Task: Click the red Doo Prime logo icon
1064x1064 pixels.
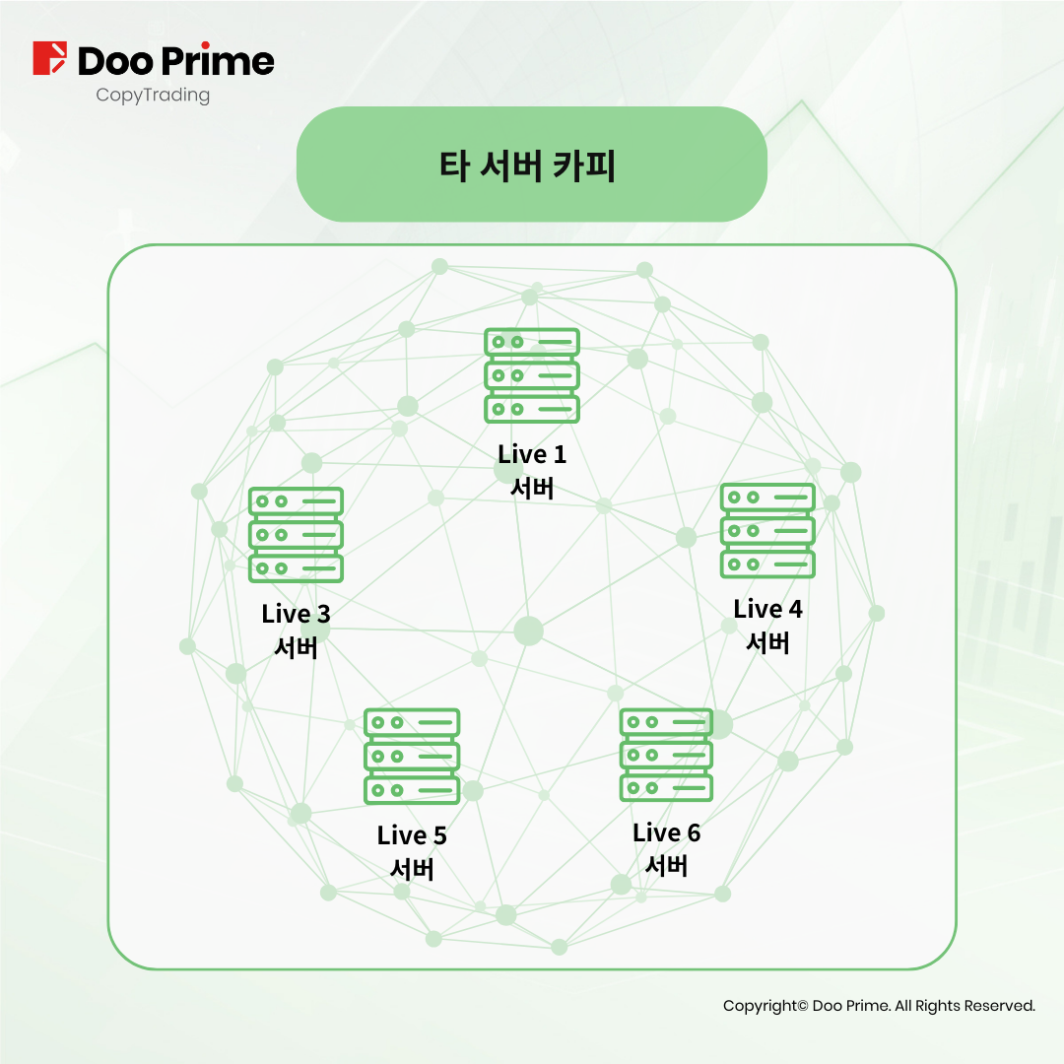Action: coord(49,58)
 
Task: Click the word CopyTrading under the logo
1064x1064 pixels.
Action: coord(153,95)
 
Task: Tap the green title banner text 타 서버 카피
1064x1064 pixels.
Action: coord(527,166)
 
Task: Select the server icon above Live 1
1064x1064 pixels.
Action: coord(532,375)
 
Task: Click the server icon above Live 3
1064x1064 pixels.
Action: coord(296,535)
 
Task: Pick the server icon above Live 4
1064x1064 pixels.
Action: coord(767,531)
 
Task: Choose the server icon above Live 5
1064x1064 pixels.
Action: coord(412,757)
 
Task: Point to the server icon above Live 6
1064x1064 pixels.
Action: coord(666,755)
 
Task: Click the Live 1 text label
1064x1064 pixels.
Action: coord(532,454)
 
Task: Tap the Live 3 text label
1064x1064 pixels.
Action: coord(296,614)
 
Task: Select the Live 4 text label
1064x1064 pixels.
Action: coord(767,609)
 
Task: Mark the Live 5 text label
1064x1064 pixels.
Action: coord(412,835)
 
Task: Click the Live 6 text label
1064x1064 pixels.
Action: coord(666,832)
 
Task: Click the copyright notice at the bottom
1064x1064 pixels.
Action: coord(879,1006)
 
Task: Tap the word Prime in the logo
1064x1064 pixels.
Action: coord(218,60)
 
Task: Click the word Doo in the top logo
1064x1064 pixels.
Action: coord(116,61)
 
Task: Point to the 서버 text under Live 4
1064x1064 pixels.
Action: coord(767,642)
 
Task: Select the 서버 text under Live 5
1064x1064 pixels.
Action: coord(412,869)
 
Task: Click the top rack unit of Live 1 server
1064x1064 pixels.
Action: coord(532,342)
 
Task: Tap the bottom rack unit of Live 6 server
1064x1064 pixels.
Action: coord(666,788)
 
